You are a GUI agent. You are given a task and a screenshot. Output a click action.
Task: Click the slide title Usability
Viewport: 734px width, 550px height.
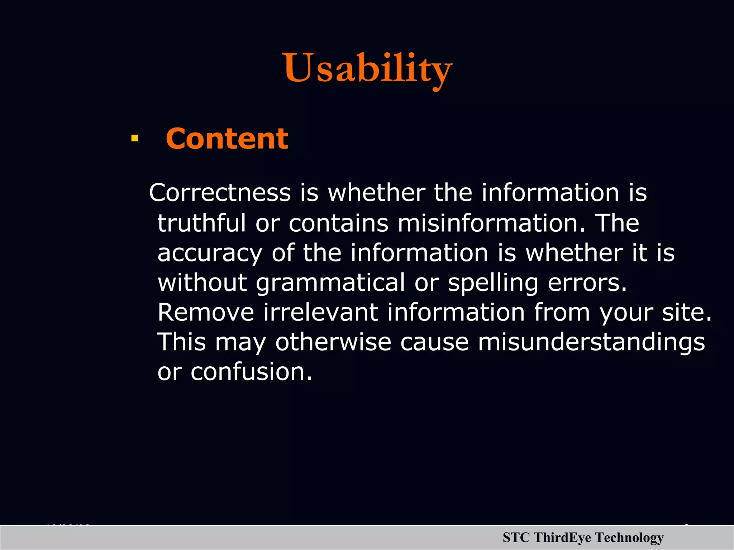point(368,68)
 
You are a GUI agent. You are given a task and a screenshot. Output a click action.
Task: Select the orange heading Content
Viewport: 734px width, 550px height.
point(227,139)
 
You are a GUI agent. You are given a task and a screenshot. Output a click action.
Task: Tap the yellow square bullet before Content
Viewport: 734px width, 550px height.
point(135,138)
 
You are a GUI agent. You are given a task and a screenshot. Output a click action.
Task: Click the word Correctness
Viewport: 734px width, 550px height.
point(220,193)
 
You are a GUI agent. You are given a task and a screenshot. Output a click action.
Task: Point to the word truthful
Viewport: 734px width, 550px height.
point(201,223)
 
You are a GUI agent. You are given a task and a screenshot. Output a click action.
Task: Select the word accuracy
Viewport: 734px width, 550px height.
point(210,253)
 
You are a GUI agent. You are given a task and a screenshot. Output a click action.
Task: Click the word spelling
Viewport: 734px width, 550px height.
point(493,283)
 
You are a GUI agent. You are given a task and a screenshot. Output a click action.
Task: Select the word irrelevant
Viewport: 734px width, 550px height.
point(321,312)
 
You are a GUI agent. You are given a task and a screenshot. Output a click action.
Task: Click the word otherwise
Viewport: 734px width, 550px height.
point(333,342)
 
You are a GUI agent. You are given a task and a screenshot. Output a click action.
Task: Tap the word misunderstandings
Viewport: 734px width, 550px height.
point(591,342)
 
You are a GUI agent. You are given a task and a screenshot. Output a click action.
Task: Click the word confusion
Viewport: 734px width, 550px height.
point(251,372)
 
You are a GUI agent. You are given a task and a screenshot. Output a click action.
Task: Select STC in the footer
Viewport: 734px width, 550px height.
point(516,538)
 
